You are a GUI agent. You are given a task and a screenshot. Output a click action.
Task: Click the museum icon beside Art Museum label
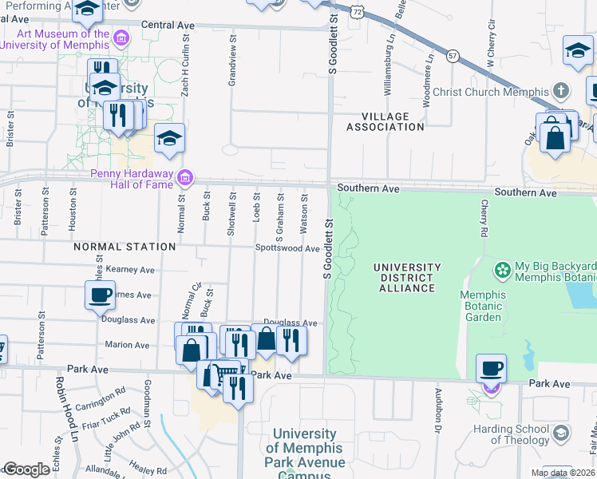121,38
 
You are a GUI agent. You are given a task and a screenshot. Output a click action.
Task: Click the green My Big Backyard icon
502,271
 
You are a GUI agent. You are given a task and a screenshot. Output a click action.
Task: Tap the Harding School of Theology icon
561,433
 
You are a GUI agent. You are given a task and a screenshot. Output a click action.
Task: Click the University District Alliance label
406,278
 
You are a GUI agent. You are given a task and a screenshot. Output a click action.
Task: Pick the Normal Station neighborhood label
125,247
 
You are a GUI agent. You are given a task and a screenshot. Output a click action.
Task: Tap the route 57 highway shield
453,55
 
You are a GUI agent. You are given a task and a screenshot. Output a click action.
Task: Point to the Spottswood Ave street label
287,248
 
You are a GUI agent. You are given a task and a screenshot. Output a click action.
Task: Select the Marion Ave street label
128,345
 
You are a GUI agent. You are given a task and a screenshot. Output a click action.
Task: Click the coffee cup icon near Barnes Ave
100,295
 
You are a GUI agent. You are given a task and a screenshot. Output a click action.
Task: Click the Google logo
26,470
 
